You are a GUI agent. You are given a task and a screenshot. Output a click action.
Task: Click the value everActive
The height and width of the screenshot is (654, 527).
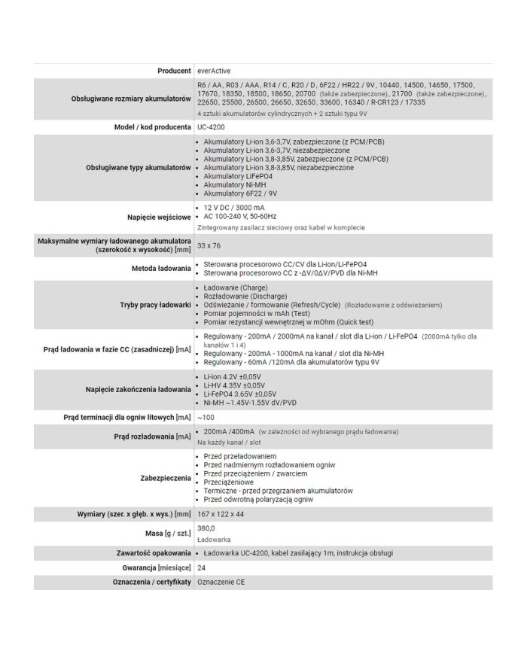pos(215,70)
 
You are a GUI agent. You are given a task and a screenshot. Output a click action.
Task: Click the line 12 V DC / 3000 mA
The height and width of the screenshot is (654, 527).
pos(234,207)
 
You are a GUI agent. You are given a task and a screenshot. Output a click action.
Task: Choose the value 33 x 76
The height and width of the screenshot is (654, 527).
pos(209,245)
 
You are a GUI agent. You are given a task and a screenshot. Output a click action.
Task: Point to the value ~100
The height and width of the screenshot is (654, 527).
pos(206,416)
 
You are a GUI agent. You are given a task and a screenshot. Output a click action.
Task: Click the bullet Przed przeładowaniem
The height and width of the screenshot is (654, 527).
pos(239,456)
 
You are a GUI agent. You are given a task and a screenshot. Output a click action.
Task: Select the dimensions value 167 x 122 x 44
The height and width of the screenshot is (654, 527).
pos(221,514)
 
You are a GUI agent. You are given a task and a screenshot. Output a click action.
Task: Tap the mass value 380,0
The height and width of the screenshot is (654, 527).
pos(206,529)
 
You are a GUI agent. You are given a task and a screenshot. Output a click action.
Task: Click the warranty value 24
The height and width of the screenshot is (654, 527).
pos(202,567)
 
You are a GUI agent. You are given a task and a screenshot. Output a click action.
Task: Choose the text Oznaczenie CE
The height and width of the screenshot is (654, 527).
pos(221,582)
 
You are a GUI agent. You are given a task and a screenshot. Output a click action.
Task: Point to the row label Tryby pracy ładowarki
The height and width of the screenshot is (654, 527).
pos(155,305)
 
